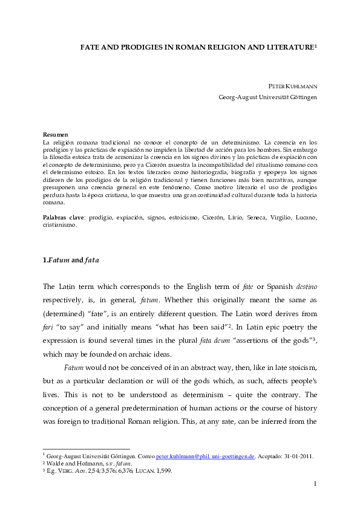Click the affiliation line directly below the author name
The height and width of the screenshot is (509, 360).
[267, 96]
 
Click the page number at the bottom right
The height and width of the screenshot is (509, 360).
[315, 500]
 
